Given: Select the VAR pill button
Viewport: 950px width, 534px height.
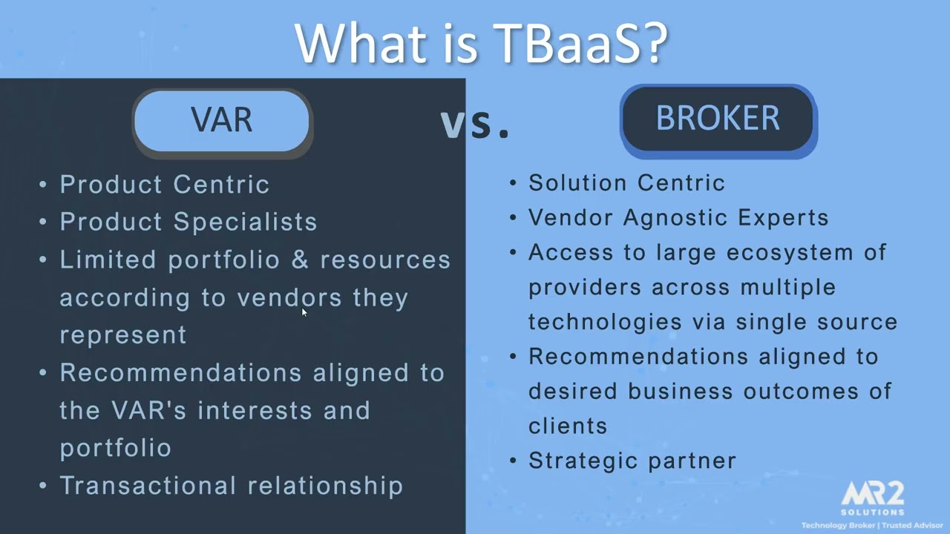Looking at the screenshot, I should click(x=222, y=121).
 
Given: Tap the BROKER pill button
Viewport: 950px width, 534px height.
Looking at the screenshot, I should click(x=718, y=119).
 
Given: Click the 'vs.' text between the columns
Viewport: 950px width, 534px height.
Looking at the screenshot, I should click(x=475, y=124).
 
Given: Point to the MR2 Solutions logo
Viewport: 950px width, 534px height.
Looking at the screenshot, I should click(x=873, y=497).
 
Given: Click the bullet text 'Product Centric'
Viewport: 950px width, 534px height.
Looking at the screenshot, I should click(x=165, y=185).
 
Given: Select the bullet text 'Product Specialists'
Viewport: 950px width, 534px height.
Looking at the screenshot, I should click(x=189, y=222).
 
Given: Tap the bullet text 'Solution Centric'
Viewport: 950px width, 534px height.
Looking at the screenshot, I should click(x=626, y=183).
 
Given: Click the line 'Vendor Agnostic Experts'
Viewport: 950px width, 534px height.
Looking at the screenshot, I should click(x=678, y=218).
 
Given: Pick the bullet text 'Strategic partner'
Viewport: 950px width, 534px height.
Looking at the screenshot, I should click(x=632, y=461).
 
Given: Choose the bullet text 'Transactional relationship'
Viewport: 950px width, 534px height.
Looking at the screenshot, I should click(x=232, y=485).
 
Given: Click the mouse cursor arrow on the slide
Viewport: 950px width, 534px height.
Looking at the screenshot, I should click(x=304, y=312).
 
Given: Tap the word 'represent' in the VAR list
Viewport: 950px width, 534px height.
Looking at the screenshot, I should click(x=123, y=335).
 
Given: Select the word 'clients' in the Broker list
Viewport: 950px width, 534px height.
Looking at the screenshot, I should click(x=568, y=426).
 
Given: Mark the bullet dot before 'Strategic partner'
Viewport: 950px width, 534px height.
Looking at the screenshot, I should click(x=514, y=461).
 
